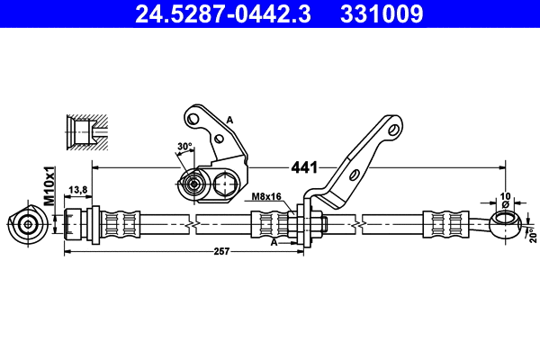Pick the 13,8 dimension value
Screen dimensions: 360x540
tap(78, 189)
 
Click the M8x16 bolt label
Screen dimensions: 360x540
tap(266, 196)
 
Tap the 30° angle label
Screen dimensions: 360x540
tap(184, 147)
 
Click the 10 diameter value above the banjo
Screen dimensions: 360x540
tap(504, 194)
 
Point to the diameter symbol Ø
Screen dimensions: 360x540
tap(504, 204)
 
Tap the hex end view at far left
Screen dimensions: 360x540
tap(26, 222)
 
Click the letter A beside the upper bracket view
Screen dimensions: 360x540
tap(229, 120)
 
